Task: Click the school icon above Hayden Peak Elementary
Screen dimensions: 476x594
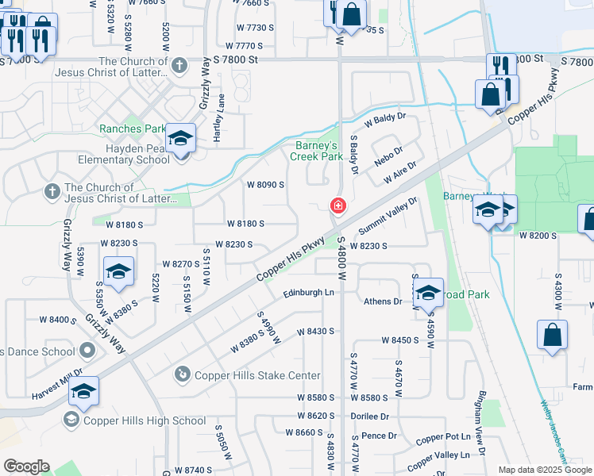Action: (181, 140)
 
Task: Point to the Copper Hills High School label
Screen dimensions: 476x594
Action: (145, 420)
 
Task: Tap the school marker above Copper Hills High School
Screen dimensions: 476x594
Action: (83, 391)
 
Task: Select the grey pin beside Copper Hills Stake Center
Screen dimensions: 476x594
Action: (182, 373)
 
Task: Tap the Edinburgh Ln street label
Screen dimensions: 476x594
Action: (309, 293)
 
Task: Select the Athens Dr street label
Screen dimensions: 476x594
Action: (383, 301)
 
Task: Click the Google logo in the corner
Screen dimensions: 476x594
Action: (25, 466)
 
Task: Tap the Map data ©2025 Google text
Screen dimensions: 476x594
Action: (544, 470)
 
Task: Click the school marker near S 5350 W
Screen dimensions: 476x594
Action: (118, 272)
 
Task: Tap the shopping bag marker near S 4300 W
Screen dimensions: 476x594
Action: (552, 336)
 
